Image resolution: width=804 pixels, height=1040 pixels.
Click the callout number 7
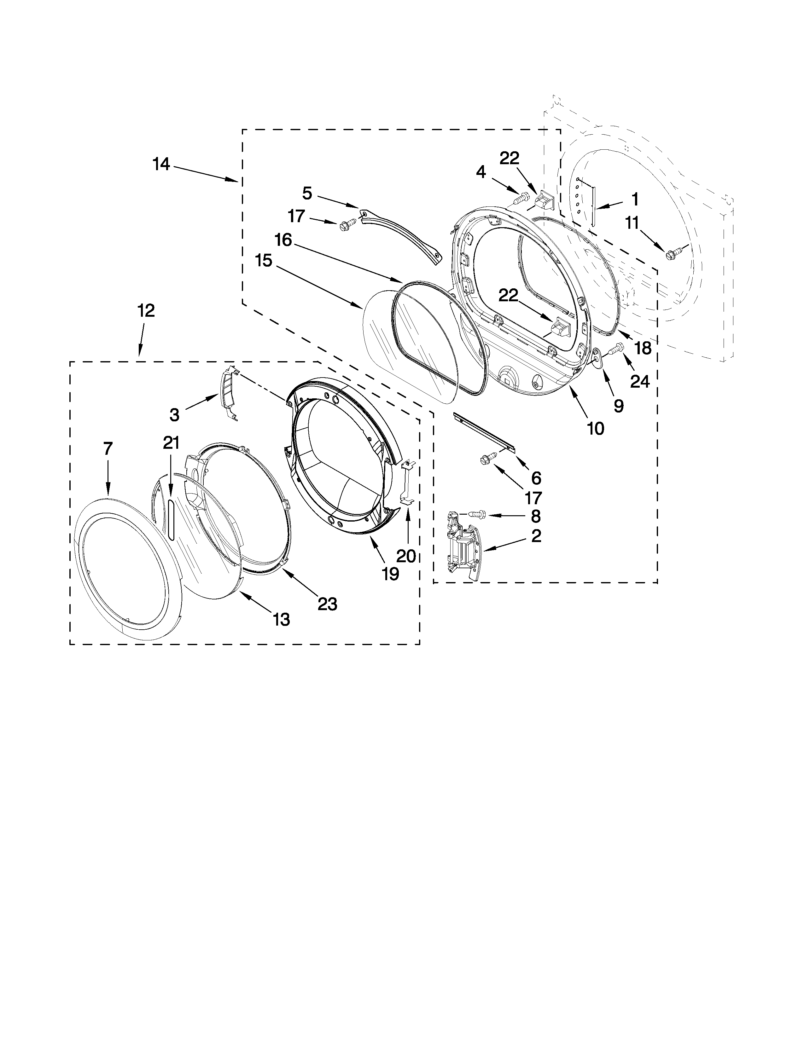(x=108, y=448)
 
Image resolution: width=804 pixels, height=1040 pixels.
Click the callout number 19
(x=390, y=574)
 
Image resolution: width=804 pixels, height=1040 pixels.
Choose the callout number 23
(x=328, y=604)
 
